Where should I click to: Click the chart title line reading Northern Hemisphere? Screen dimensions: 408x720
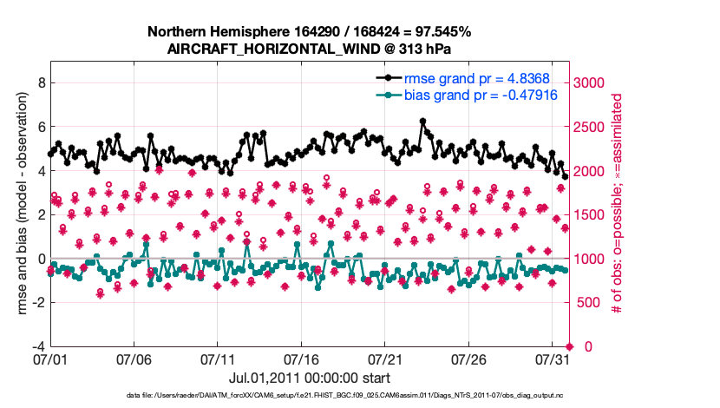[x=309, y=32]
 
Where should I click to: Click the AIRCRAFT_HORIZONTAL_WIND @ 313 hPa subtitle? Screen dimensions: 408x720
[x=309, y=49]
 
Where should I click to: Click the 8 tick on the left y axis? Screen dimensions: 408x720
[x=40, y=83]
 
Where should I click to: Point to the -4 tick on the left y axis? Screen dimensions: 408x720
[x=37, y=346]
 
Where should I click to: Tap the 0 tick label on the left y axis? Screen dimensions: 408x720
[x=40, y=259]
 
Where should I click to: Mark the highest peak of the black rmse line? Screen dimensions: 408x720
[x=422, y=122]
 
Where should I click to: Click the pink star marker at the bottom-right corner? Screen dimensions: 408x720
[x=569, y=346]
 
